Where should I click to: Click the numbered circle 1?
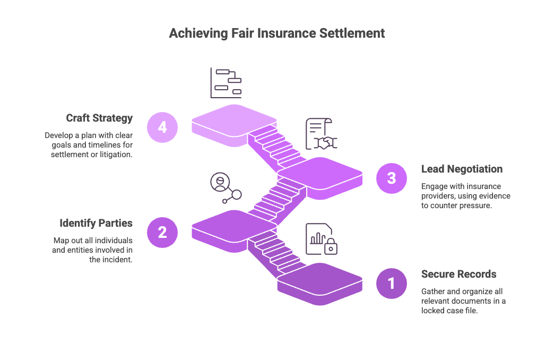[x=392, y=283]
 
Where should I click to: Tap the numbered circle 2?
[x=162, y=232]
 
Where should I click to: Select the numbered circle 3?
[x=392, y=178]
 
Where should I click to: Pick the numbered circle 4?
[x=162, y=127]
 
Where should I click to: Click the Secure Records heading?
[x=458, y=274]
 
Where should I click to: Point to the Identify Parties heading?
[x=96, y=223]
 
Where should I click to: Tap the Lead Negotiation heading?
[x=462, y=169]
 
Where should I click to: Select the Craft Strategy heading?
[x=99, y=118]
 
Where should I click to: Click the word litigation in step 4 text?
[x=115, y=154]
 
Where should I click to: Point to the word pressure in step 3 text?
[x=474, y=205]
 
